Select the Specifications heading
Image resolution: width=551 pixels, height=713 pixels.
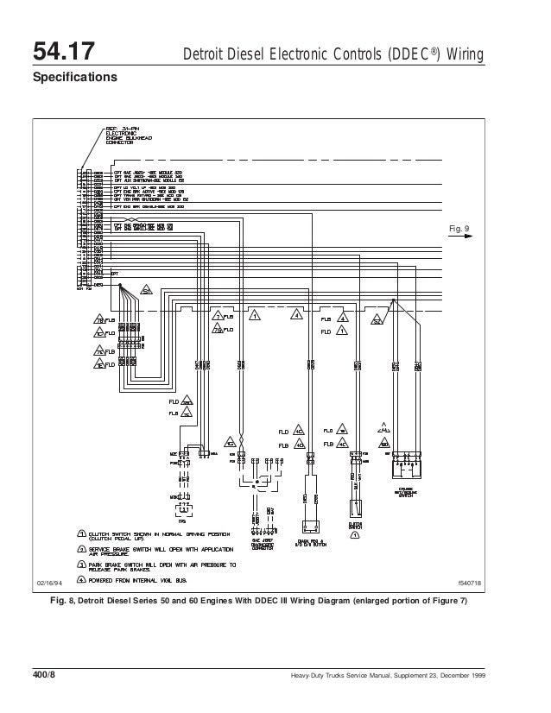[73, 78]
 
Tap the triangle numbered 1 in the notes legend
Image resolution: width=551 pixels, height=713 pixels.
[80, 532]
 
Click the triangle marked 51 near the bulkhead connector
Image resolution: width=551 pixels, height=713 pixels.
[147, 289]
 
